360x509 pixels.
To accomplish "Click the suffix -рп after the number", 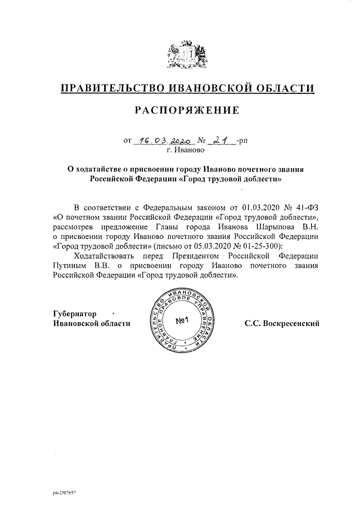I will click(242, 143).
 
